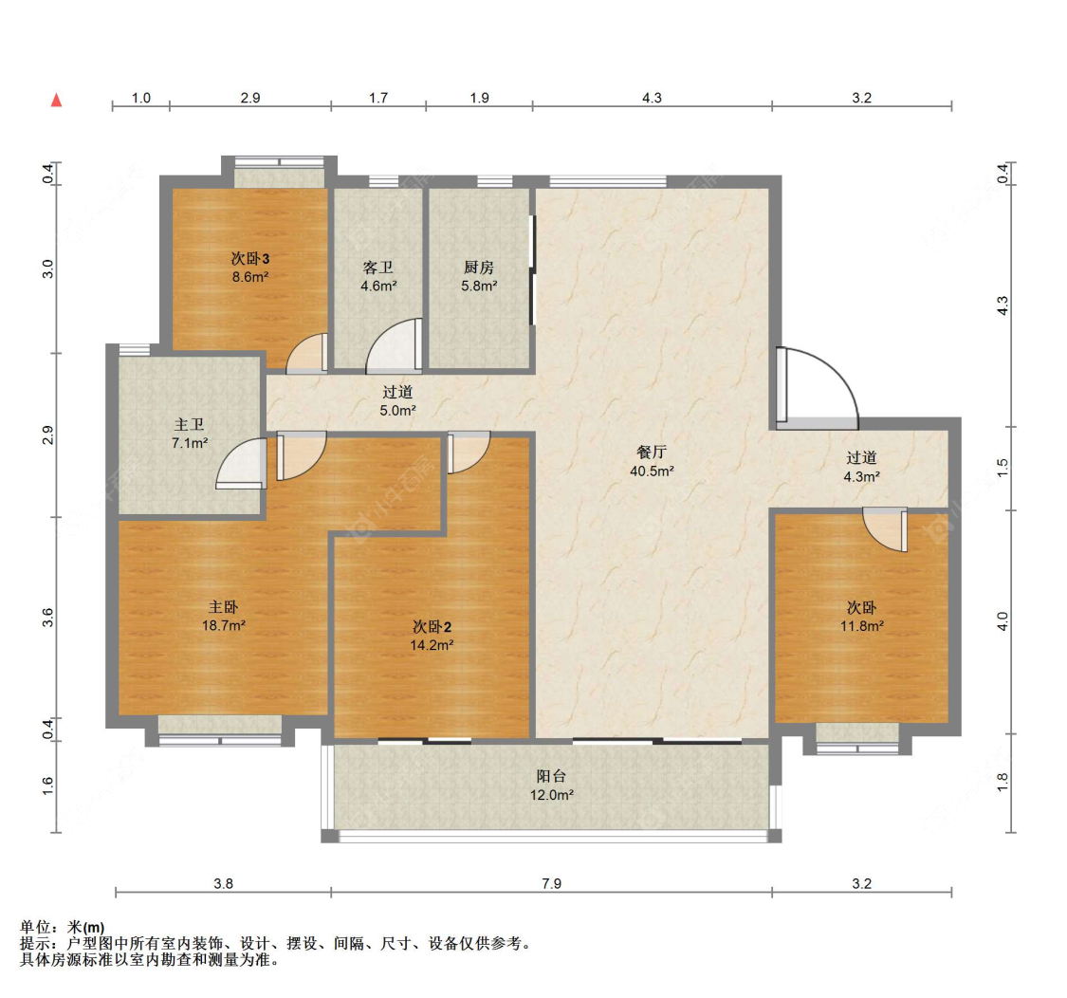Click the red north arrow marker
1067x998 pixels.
[x=57, y=100]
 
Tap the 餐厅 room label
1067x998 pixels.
[x=652, y=452]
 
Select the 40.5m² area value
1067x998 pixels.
[x=652, y=471]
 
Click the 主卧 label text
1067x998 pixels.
[x=223, y=606]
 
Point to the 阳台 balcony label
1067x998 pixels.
[x=551, y=775]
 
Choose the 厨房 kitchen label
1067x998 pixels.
[x=478, y=267]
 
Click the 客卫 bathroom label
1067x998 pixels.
[x=377, y=267]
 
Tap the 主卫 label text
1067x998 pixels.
[x=189, y=424]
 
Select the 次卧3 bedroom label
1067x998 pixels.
[x=249, y=258]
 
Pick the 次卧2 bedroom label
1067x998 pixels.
[x=432, y=626]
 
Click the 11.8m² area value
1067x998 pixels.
[x=861, y=626]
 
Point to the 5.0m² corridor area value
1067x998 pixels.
[x=397, y=411]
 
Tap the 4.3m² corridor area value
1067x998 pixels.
[x=861, y=476]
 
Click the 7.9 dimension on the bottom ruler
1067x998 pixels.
[x=551, y=883]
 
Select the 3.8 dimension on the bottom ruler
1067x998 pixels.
[x=223, y=883]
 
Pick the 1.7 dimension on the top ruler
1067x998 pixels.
[x=378, y=98]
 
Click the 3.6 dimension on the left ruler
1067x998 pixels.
[x=47, y=618]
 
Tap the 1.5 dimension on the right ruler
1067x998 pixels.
[x=1003, y=469]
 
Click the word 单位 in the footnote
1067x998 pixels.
[x=35, y=927]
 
